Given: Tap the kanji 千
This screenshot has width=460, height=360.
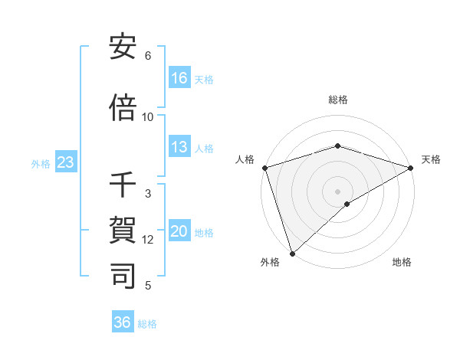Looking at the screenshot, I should [123, 185].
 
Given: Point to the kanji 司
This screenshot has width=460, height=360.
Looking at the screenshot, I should [123, 275].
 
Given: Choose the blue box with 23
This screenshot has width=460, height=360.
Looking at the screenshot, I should [66, 162].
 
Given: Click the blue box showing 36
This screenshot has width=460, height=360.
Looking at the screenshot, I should [123, 322].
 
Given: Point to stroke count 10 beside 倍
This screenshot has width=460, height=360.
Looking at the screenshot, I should [148, 116].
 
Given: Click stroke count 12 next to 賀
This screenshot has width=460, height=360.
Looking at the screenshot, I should [148, 240].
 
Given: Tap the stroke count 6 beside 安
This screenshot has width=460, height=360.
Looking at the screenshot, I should [148, 56].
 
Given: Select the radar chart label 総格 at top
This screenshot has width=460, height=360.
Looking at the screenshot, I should [338, 100].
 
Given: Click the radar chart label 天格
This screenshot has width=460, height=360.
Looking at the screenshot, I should [432, 159].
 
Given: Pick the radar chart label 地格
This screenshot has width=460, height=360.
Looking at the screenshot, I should [402, 263].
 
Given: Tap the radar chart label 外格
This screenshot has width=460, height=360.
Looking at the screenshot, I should [270, 263].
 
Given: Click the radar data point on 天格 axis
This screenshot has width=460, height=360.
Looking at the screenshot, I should [411, 168].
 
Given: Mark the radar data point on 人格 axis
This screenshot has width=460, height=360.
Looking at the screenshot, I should [264, 168].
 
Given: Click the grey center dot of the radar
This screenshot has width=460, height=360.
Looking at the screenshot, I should [337, 191].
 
